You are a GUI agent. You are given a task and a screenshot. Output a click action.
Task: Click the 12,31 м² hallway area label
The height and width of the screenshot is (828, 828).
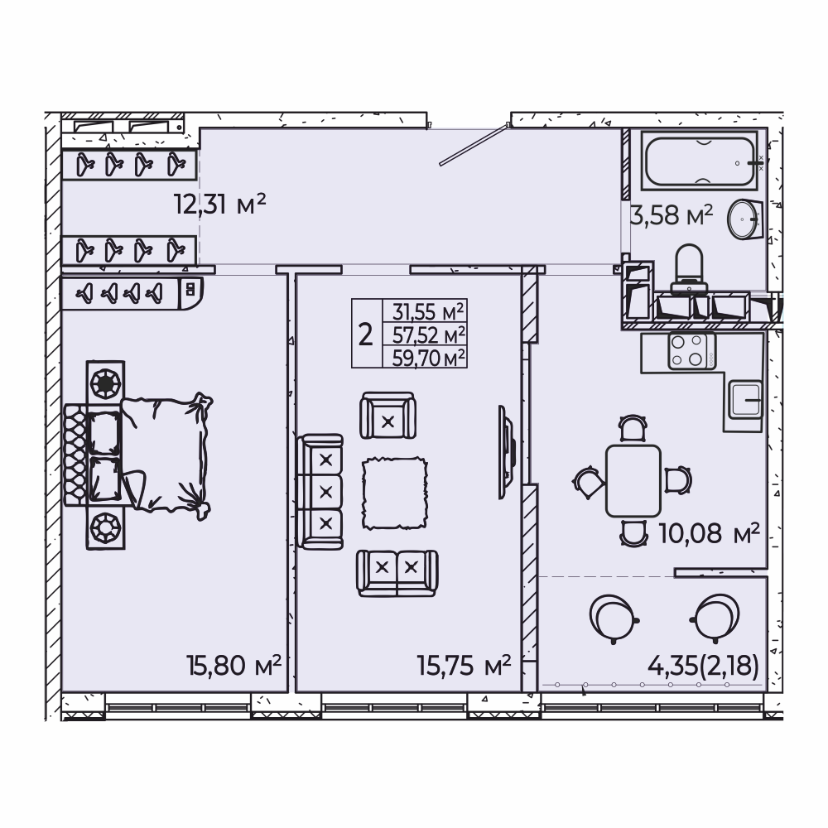click(x=219, y=204)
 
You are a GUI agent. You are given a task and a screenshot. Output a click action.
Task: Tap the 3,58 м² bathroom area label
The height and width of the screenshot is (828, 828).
click(x=672, y=215)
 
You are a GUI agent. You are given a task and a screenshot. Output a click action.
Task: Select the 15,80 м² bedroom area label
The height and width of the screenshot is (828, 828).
click(x=233, y=666)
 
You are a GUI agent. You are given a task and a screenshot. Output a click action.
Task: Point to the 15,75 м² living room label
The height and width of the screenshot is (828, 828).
click(x=464, y=666)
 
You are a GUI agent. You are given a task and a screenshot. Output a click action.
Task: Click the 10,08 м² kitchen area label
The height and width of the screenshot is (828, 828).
click(x=710, y=533)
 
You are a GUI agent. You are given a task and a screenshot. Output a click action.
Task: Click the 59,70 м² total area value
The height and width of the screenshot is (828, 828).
click(x=429, y=358)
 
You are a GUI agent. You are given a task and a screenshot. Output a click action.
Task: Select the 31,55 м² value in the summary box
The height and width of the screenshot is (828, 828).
click(x=428, y=312)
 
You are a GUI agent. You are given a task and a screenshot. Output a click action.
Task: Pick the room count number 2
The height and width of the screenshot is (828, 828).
click(x=365, y=335)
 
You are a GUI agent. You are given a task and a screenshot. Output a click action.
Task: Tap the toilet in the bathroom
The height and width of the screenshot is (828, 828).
click(x=689, y=268)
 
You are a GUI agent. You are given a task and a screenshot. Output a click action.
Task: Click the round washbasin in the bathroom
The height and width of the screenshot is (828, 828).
click(x=744, y=219)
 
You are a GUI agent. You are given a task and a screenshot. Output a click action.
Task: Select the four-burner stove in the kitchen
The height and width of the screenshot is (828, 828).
click(x=691, y=351)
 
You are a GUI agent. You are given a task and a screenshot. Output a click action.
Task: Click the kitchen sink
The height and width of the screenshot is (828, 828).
click(x=746, y=399)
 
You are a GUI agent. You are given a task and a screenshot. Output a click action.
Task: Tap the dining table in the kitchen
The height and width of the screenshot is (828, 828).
click(x=633, y=480)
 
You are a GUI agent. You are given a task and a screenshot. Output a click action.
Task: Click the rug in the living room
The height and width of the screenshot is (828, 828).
click(x=394, y=493)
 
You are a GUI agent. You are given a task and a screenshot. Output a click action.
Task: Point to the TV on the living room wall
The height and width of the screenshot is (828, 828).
click(x=507, y=452)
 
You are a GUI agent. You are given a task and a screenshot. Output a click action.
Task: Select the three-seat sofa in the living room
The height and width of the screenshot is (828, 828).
click(x=320, y=492)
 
